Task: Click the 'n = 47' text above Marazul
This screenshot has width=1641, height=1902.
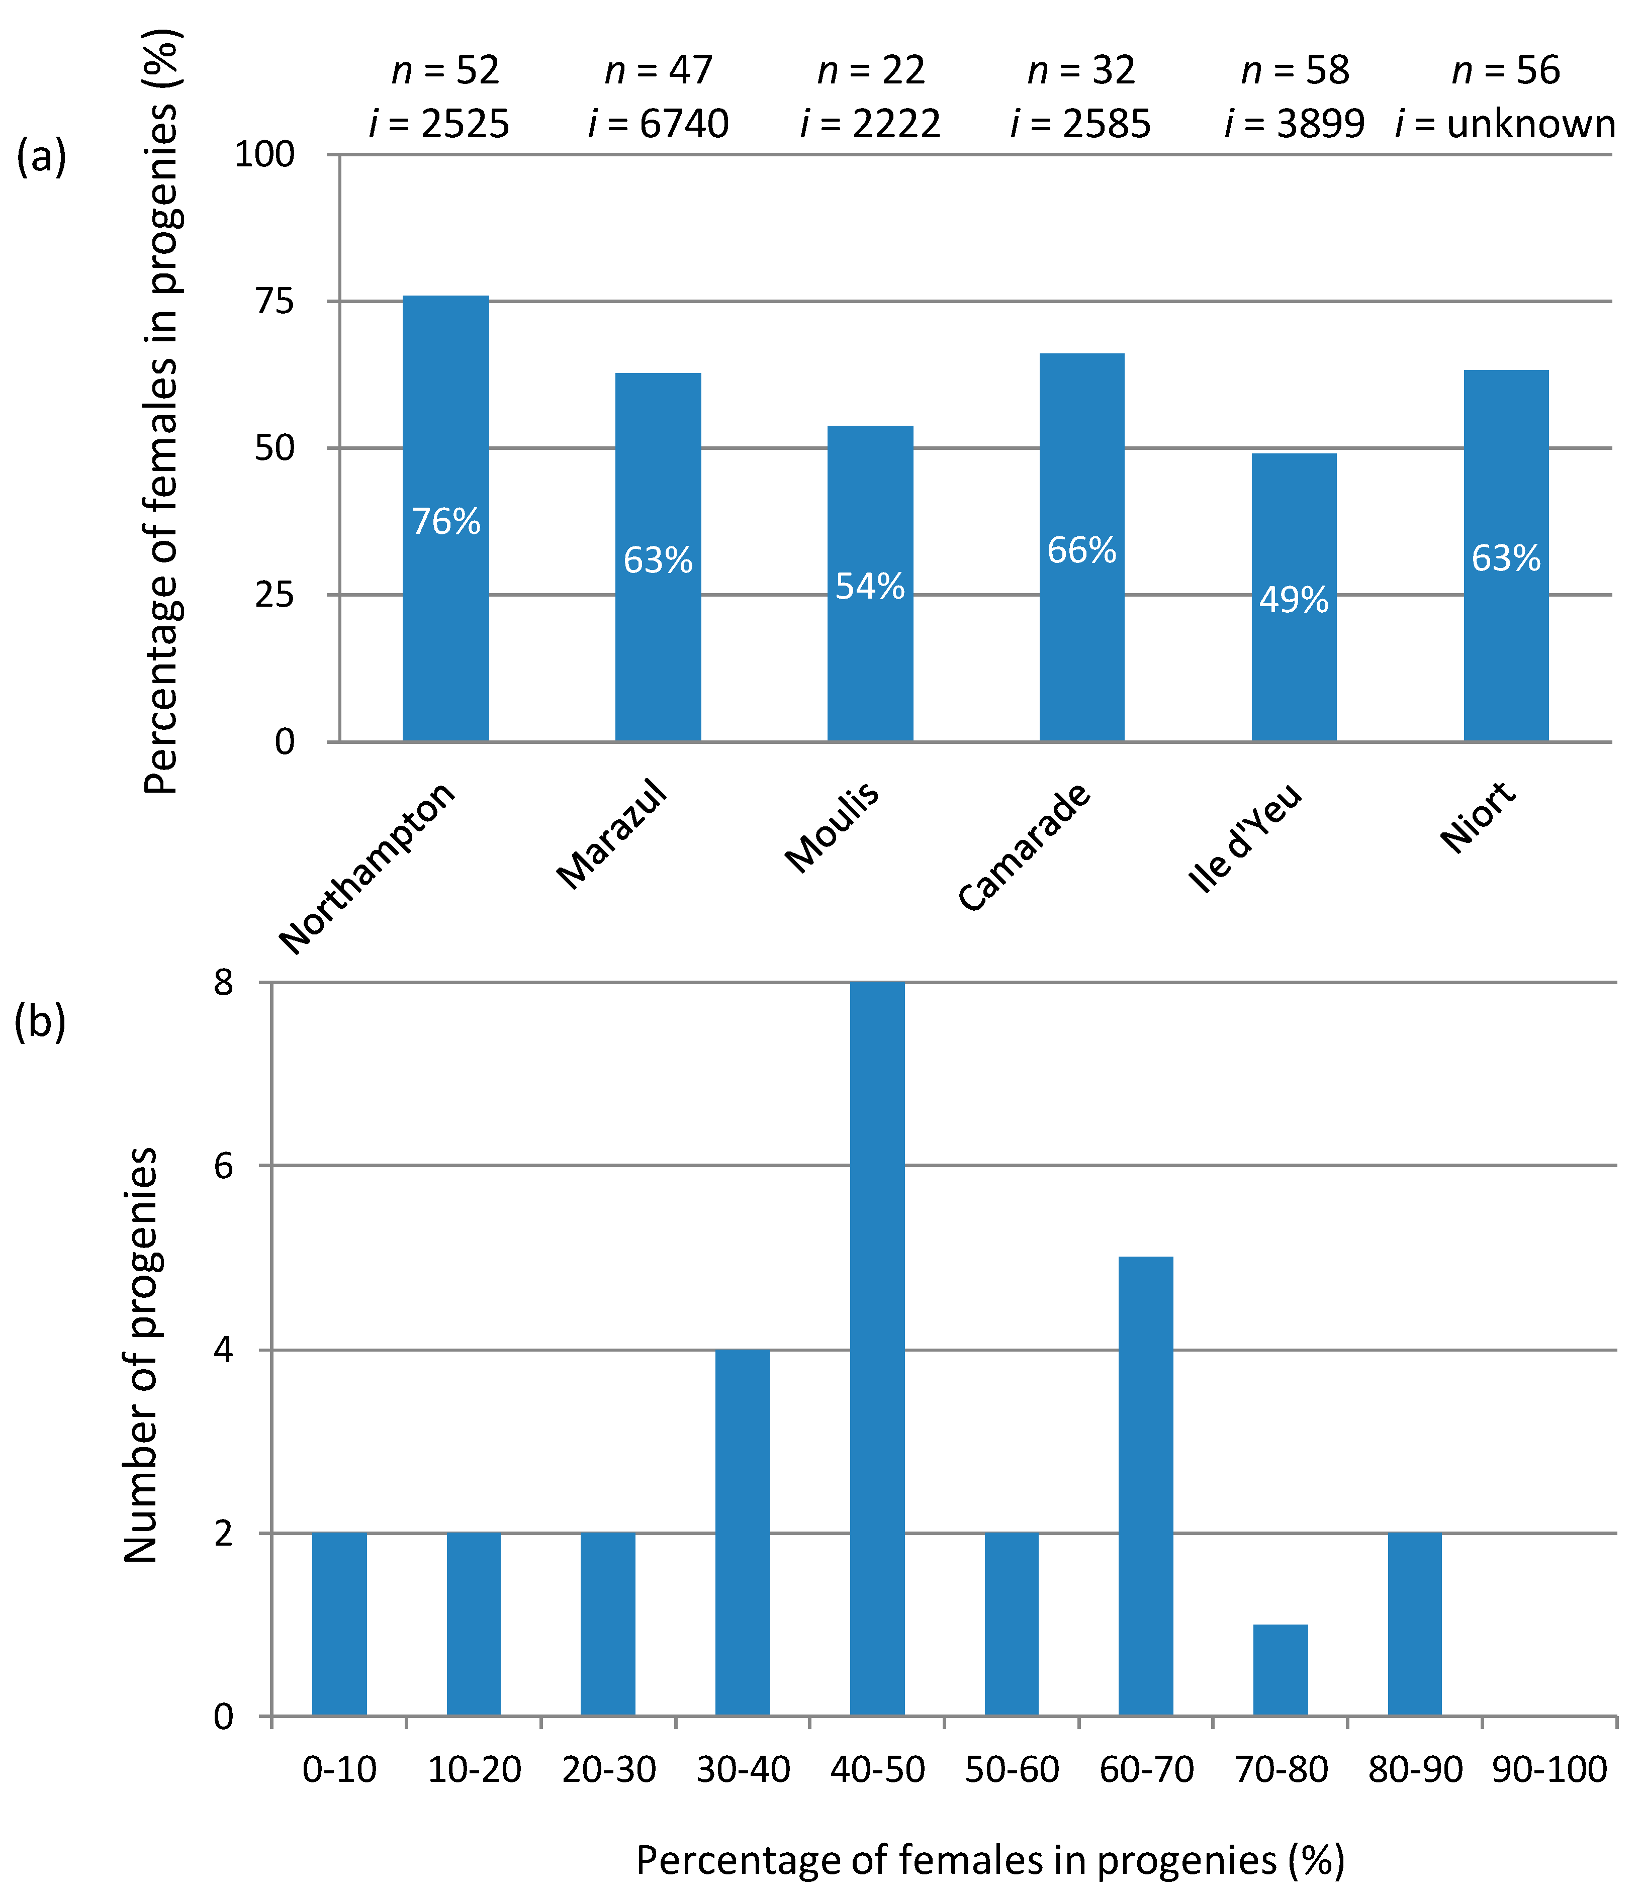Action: click(x=659, y=71)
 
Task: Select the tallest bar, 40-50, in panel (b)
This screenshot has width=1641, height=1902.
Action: click(x=877, y=1350)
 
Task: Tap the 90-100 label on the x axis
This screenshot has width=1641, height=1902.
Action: click(x=1549, y=1770)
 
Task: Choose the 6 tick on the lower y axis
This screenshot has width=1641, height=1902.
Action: click(x=223, y=1166)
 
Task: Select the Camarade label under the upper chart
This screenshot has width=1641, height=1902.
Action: click(x=1024, y=846)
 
